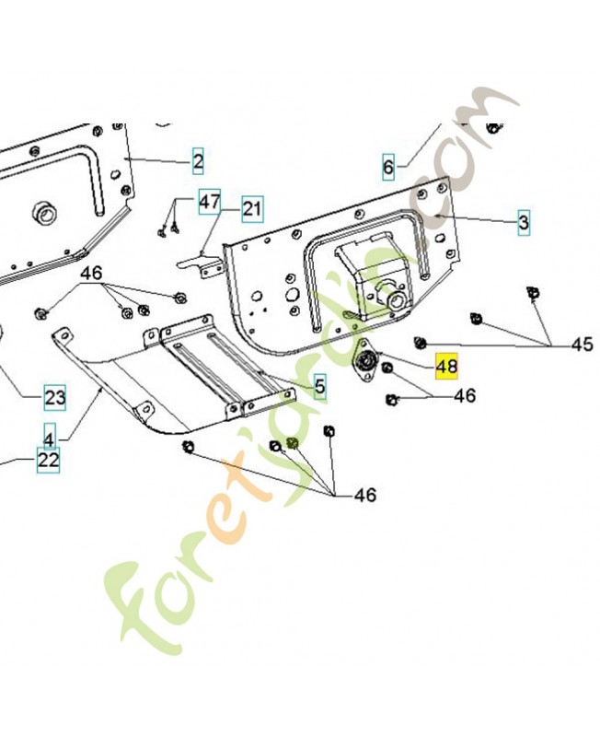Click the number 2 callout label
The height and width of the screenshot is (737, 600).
198,163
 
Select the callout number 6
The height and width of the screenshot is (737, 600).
388,168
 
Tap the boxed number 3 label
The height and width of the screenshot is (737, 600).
524,222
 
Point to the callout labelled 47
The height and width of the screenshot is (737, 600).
210,201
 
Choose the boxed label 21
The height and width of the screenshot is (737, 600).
251,210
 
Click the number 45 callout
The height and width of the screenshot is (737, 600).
582,345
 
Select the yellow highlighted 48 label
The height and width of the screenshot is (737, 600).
446,367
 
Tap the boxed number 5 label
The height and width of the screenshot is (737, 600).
319,385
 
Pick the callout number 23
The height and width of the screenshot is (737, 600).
55,398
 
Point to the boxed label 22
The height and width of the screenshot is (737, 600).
48,458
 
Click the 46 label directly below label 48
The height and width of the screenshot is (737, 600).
465,395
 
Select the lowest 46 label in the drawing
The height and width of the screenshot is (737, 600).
365,495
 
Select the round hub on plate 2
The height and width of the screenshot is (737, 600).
41,214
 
